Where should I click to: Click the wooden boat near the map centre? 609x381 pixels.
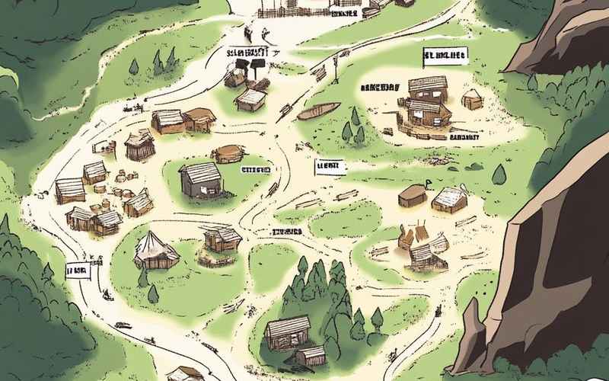318,111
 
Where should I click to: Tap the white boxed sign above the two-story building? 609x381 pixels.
443,56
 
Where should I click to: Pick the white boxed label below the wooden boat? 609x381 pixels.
328,166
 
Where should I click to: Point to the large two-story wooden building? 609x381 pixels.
427,101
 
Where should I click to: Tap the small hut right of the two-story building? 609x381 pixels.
473,99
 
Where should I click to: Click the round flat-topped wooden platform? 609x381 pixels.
226,154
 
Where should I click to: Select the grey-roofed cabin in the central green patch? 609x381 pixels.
200,180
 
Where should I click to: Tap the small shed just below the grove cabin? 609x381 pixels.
311,355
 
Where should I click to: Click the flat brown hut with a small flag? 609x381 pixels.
413,195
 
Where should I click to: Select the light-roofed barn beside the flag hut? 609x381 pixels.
450,200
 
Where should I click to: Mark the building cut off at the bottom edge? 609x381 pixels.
185,374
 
